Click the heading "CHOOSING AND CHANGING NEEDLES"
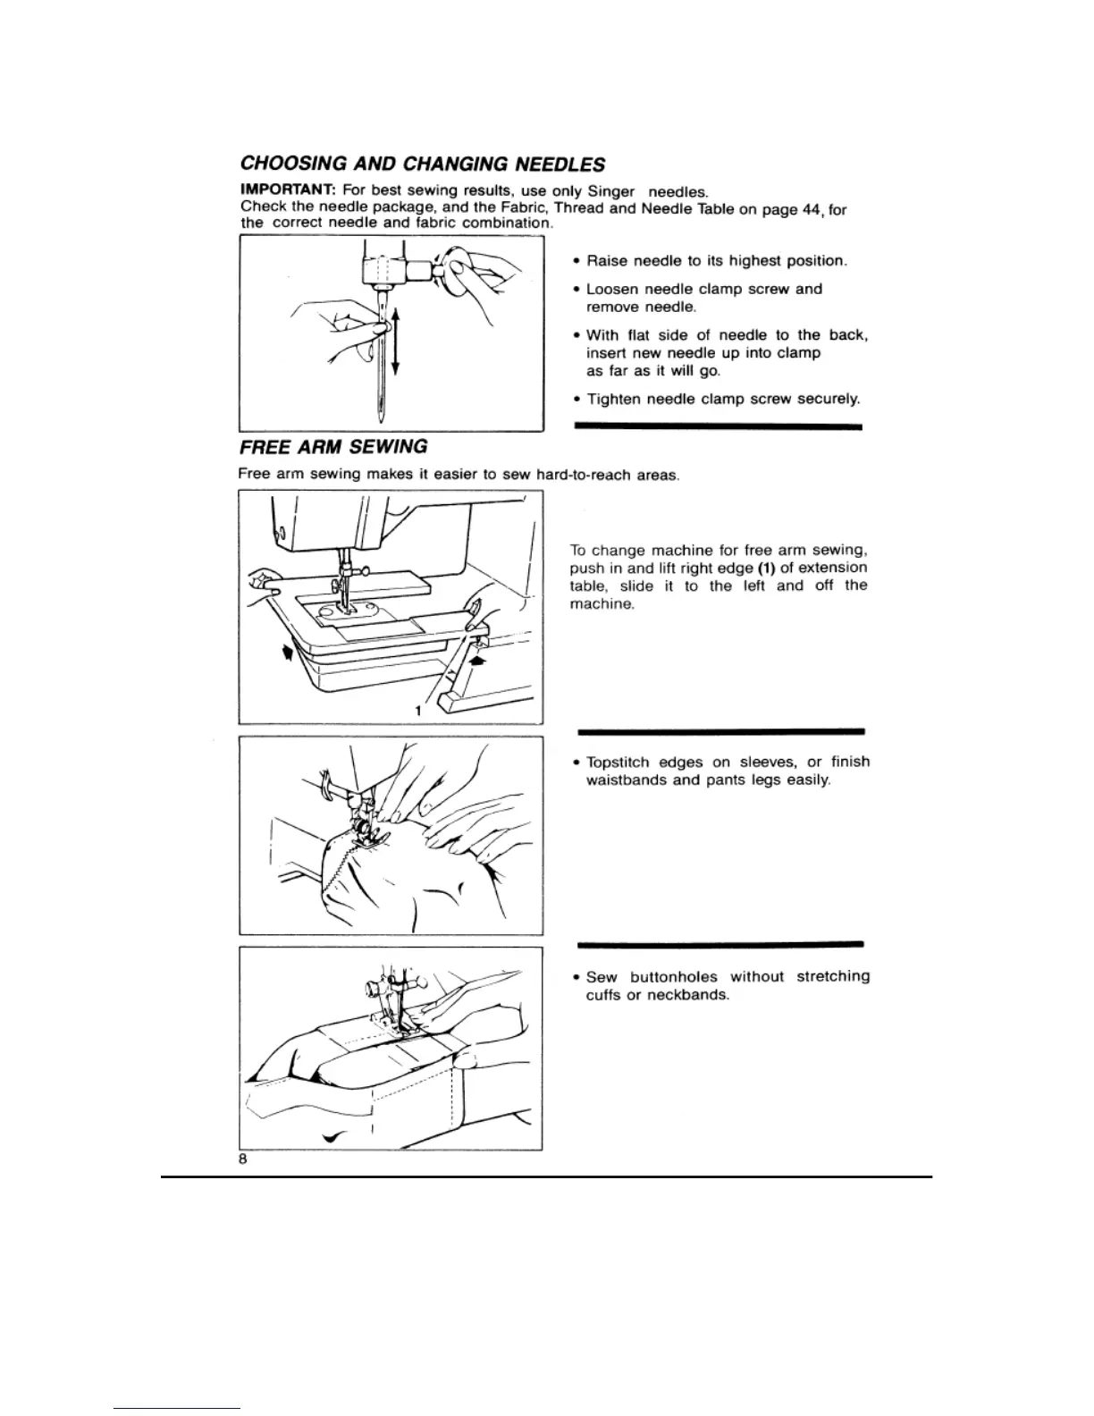point(423,164)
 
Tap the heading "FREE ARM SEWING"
point(332,446)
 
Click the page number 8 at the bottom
point(242,1158)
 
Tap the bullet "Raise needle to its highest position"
point(715,261)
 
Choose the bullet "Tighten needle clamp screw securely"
point(722,399)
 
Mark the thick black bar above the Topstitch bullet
point(720,730)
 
